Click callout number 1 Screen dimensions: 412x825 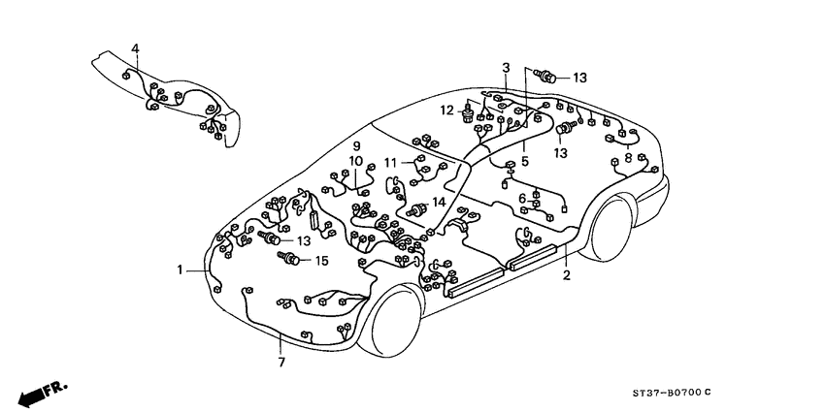(x=179, y=269)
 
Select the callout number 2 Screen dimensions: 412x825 (x=567, y=275)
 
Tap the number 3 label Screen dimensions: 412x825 (x=506, y=67)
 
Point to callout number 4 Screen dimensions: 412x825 (x=135, y=48)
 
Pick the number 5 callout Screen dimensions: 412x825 (x=524, y=161)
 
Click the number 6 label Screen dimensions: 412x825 (x=522, y=198)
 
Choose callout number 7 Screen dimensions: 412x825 (x=281, y=362)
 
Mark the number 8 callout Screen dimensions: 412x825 (x=628, y=158)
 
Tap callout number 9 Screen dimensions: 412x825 (x=356, y=145)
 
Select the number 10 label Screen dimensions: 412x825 (x=356, y=161)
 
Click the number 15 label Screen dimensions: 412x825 (x=322, y=260)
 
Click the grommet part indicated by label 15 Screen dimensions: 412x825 (x=287, y=259)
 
